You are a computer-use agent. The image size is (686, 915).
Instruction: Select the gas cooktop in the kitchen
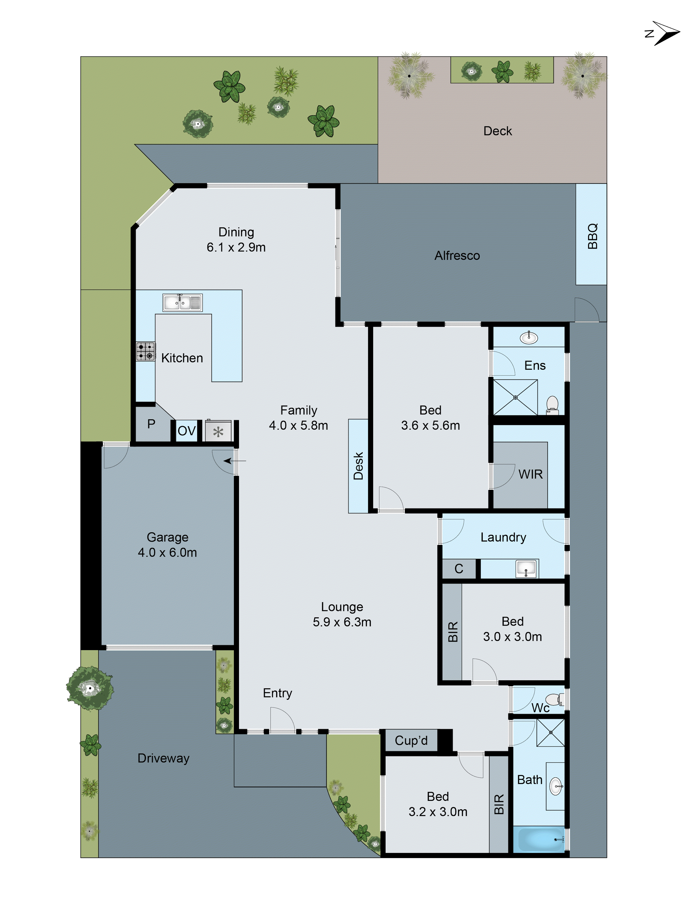point(146,351)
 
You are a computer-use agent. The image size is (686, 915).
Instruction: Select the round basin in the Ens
point(528,338)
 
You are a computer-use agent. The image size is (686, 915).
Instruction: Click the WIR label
point(530,474)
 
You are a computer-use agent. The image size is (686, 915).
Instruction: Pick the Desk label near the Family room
point(358,466)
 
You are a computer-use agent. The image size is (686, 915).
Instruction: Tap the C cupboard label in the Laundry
point(458,569)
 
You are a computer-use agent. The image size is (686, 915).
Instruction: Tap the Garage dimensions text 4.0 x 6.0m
point(167,552)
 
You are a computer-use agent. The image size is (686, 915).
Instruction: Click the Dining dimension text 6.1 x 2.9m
point(236,247)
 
